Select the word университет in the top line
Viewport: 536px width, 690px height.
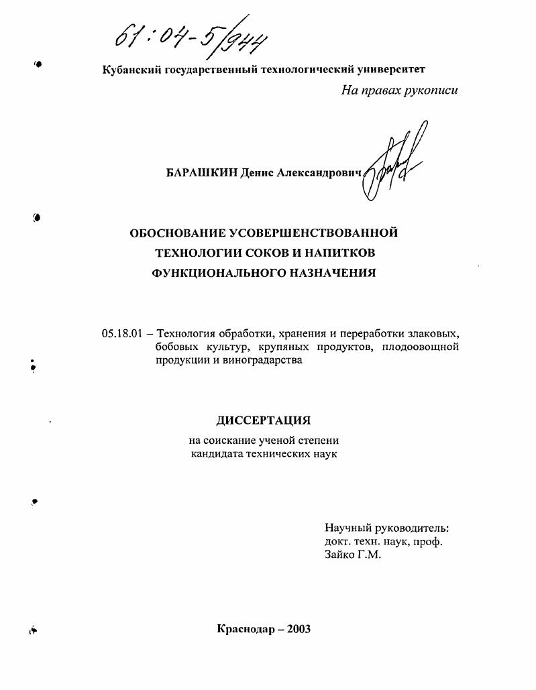click(392, 69)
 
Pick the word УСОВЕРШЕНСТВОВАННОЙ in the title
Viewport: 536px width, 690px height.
click(314, 233)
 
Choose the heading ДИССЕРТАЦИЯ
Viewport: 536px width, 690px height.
click(264, 420)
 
